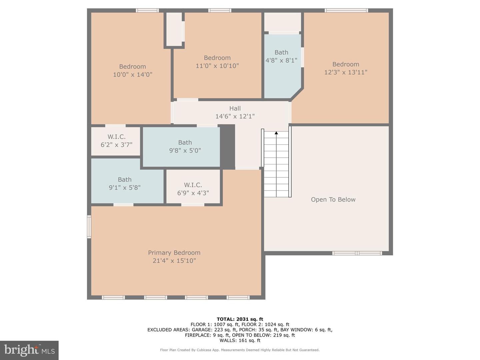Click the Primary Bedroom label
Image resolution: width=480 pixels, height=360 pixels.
tap(174, 253)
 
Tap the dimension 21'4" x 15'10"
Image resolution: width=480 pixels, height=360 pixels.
tap(174, 261)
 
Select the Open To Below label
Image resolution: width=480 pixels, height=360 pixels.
tap(333, 199)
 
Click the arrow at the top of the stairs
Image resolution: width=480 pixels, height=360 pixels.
tap(276, 133)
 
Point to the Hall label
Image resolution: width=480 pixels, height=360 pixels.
tap(235, 108)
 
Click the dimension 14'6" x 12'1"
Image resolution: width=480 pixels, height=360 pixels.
tap(235, 116)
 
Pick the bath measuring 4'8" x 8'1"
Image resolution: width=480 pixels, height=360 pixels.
tap(281, 57)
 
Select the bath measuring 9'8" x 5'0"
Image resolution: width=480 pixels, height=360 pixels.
tap(185, 146)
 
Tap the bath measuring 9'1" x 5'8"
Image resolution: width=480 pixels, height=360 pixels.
tap(125, 183)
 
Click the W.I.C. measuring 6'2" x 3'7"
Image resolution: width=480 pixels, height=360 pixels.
tap(116, 141)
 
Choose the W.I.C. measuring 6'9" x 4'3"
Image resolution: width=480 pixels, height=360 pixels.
tap(193, 189)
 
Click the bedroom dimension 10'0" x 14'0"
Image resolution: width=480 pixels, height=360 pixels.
tap(132, 75)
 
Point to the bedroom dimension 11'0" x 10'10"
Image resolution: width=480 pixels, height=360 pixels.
tap(217, 66)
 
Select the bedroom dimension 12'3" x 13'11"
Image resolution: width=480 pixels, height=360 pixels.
tap(346, 72)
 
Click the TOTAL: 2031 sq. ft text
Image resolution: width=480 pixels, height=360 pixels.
tap(240, 319)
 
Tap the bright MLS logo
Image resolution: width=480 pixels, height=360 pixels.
tap(29, 350)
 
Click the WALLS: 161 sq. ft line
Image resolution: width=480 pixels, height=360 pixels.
tap(240, 340)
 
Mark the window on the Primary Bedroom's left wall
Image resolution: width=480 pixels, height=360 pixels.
tap(89, 227)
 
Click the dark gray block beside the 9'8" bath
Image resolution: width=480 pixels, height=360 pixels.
tap(227, 147)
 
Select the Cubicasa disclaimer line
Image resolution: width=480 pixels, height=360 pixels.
tap(240, 350)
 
